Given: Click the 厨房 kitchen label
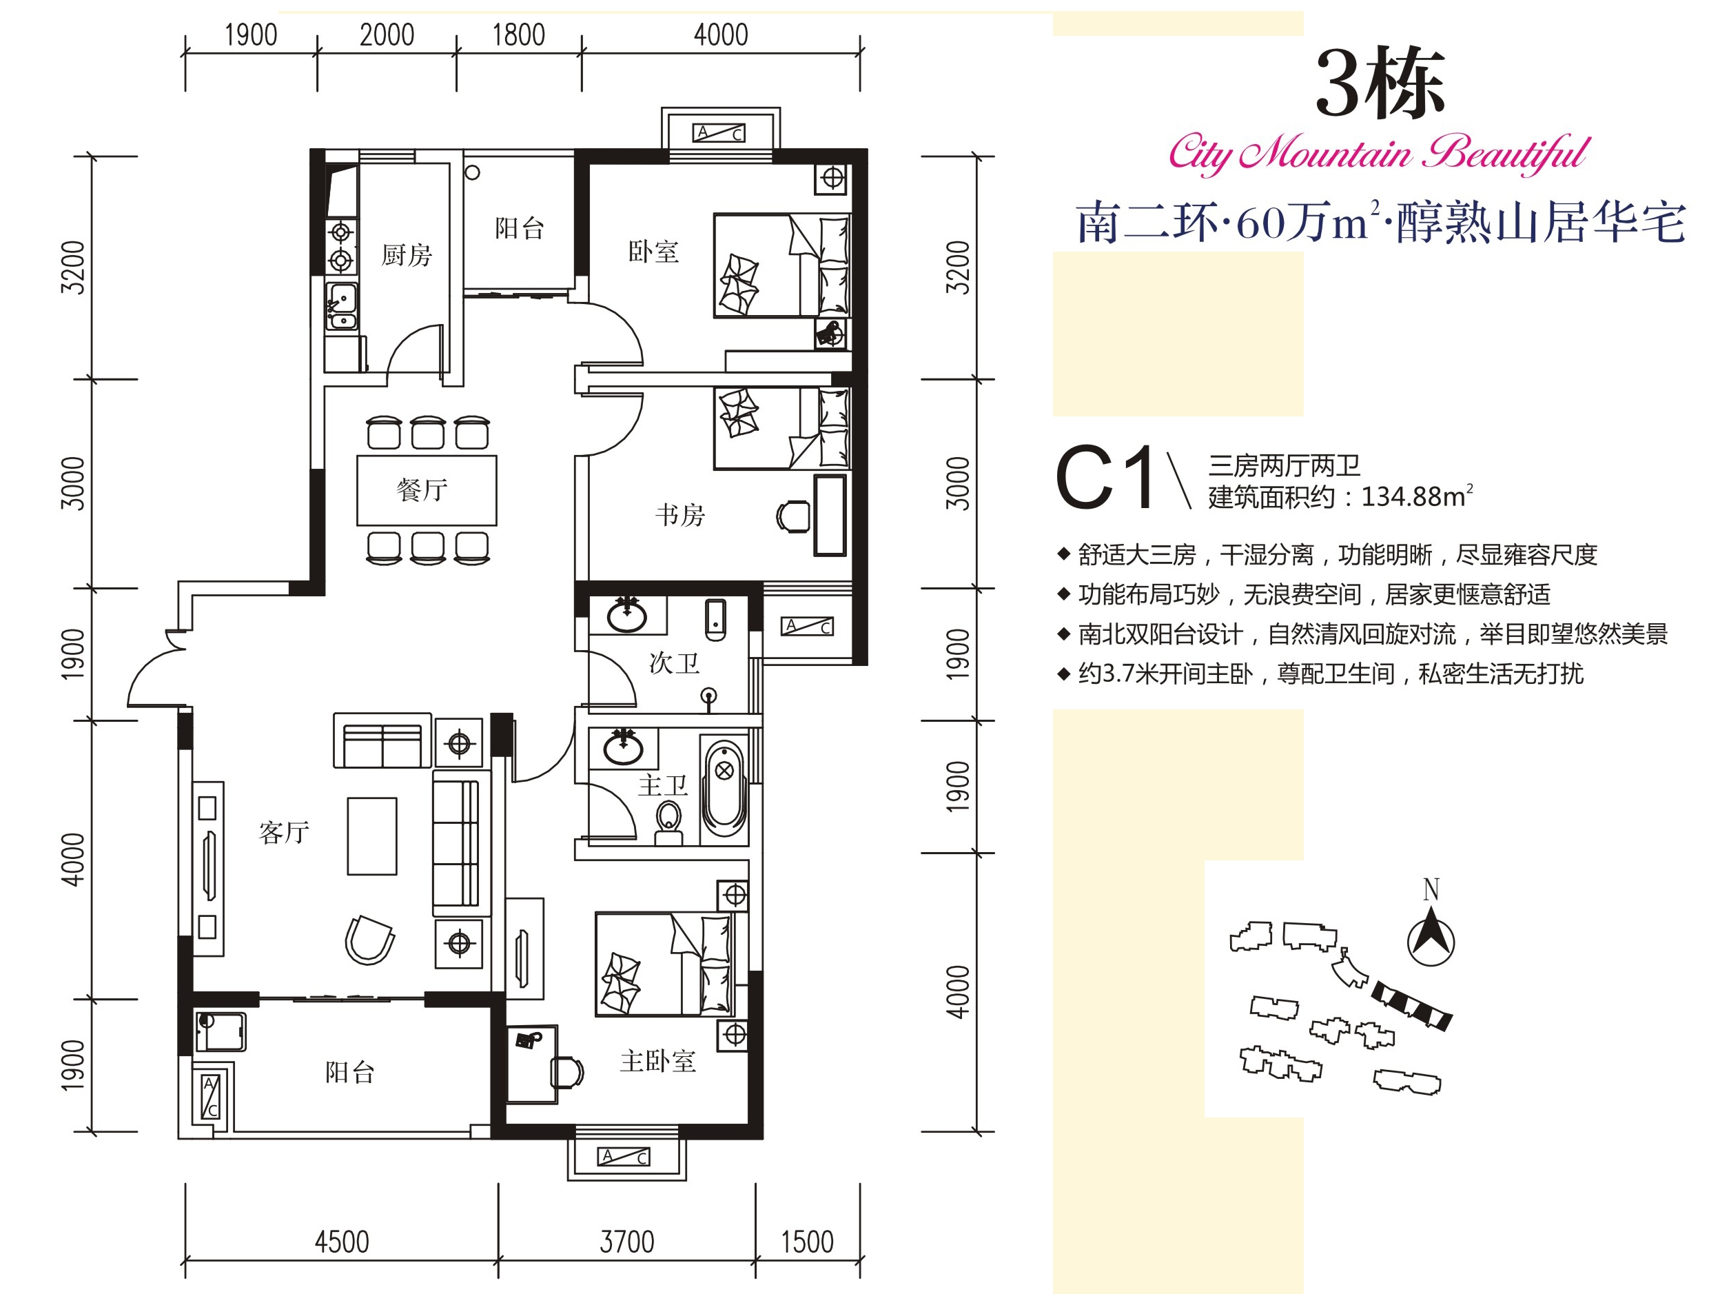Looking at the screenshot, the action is click(x=407, y=255).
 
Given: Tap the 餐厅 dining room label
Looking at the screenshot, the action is click(x=422, y=490).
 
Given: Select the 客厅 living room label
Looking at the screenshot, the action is click(x=285, y=833).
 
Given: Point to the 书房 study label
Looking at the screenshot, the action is click(x=680, y=515).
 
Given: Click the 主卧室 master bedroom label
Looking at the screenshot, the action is click(x=658, y=1061).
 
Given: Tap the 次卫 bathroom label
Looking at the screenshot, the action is click(x=675, y=663).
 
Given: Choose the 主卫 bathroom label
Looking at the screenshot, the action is click(x=663, y=786).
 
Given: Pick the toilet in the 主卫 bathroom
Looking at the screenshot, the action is click(x=668, y=824).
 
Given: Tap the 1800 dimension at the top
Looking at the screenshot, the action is click(x=518, y=34).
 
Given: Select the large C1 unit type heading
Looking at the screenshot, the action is click(x=1105, y=478).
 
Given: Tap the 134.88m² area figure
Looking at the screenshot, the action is click(x=1417, y=496).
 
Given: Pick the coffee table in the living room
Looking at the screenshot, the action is click(x=371, y=836).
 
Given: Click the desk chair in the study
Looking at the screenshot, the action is click(x=793, y=516).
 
